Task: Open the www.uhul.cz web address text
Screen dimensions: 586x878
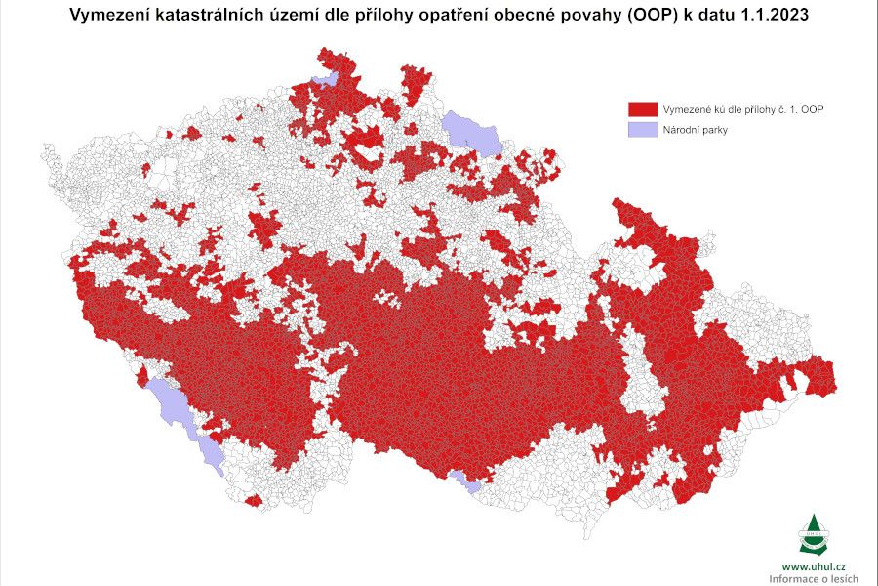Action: pyautogui.click(x=813, y=566)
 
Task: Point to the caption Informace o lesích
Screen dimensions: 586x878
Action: pyautogui.click(x=813, y=579)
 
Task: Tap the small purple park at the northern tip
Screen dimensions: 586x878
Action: pyautogui.click(x=324, y=79)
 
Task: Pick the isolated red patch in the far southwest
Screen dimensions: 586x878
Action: pyautogui.click(x=253, y=501)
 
